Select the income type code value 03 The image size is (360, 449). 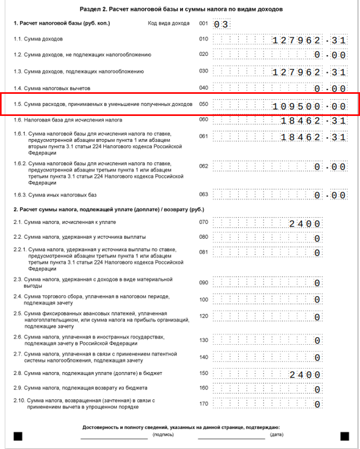click(221, 24)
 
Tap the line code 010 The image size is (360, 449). click(203, 39)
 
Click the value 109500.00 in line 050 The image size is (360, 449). click(309, 106)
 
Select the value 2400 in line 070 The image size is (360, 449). click(305, 223)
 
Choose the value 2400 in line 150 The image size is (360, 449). click(305, 375)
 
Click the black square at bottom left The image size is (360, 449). click(18, 436)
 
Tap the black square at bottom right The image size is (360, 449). click(345, 436)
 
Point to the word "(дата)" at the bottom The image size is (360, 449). click(276, 435)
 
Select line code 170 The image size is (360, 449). click(203, 404)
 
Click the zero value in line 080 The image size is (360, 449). click(317, 238)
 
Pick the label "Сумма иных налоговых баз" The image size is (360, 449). click(55, 195)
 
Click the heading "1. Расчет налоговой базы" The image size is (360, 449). click(62, 23)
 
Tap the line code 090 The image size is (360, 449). click(203, 282)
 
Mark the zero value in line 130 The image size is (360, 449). click(317, 340)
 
